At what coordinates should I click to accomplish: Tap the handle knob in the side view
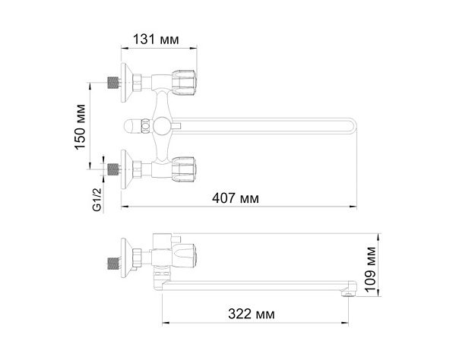[x=187, y=257]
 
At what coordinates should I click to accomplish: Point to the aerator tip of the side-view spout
[x=349, y=292]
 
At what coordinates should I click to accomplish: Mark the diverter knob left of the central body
[x=137, y=124]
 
